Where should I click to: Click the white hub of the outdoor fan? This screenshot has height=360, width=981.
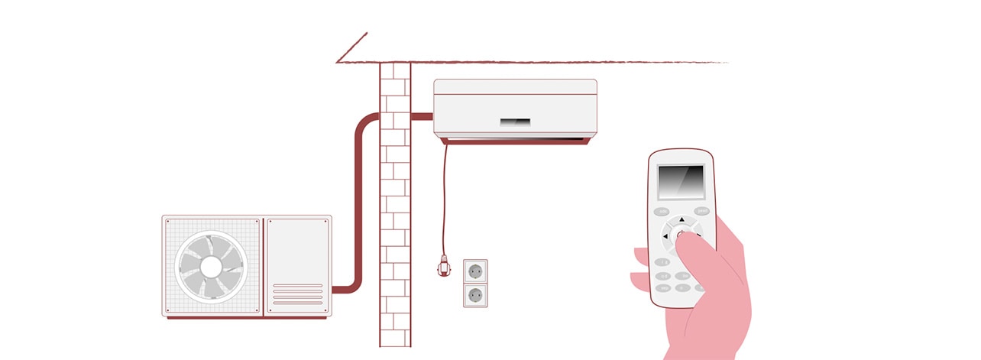pos(211,266)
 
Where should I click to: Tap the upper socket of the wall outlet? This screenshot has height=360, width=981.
pos(475,271)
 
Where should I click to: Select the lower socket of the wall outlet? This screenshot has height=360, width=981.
pos(475,295)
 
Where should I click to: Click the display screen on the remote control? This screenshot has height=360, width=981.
pos(681,182)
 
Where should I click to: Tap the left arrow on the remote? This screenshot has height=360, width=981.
pos(665,236)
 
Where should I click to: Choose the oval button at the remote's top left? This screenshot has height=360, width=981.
pos(662,212)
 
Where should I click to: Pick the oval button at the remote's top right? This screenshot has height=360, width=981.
pos(701,211)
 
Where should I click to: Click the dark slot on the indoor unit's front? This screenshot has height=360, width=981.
pos(515,122)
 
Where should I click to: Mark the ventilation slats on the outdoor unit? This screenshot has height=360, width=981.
pos(297,294)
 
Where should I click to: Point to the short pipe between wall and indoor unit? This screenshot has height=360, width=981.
pos(422,117)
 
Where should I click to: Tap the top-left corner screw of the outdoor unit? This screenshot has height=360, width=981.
pos(167,221)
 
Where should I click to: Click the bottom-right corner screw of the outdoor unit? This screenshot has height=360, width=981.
pos(327,310)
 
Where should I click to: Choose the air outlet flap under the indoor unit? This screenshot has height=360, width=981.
pos(515,141)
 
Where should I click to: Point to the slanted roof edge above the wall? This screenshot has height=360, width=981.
pos(351,47)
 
